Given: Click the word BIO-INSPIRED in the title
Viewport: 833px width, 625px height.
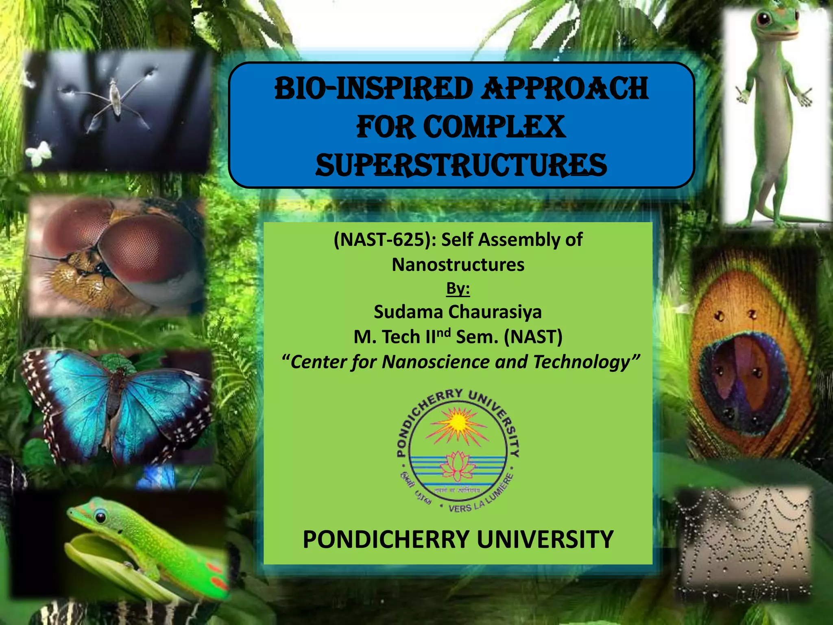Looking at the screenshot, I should tap(373, 89).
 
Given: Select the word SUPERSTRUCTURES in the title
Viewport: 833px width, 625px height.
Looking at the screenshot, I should tap(461, 165).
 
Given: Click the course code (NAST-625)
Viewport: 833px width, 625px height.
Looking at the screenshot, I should tap(384, 240).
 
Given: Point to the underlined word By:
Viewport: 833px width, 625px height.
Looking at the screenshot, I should tap(458, 288).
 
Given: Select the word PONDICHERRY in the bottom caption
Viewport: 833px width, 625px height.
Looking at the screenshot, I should tap(386, 540).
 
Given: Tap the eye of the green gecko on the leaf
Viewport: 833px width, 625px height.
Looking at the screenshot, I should tap(100, 517).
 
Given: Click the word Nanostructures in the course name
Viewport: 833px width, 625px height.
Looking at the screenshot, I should tap(458, 265).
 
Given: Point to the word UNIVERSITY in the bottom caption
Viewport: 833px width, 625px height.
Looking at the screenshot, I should tap(545, 540).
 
